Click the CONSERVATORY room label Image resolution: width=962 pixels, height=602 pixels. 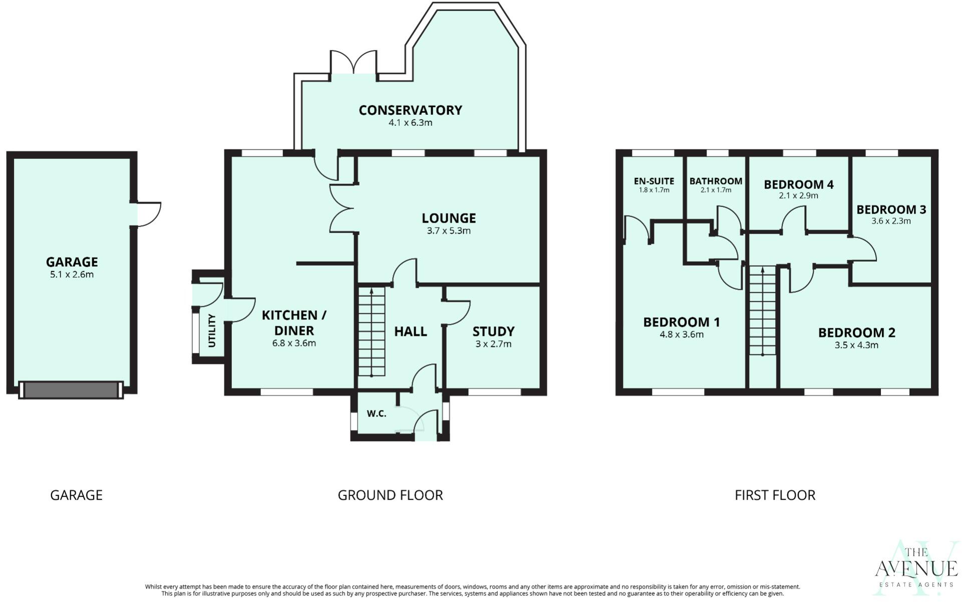[x=410, y=110]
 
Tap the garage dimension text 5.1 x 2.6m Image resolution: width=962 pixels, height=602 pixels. [x=72, y=275]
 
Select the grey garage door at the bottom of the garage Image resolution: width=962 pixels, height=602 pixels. [x=71, y=390]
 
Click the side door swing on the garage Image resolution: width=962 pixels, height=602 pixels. [x=149, y=214]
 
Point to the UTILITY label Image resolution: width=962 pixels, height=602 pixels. [x=211, y=331]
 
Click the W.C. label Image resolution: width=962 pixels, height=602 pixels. [x=376, y=414]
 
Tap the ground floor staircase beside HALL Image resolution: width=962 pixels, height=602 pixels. [x=372, y=332]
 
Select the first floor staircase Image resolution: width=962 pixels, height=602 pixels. [x=762, y=311]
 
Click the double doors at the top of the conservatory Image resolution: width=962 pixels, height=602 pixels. [x=353, y=64]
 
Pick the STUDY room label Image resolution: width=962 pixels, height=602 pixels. [x=493, y=331]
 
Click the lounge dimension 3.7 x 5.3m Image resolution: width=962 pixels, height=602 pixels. [x=448, y=231]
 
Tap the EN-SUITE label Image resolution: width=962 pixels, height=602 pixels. [x=654, y=181]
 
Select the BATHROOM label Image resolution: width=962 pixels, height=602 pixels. [x=716, y=181]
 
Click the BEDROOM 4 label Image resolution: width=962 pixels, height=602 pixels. [x=798, y=184]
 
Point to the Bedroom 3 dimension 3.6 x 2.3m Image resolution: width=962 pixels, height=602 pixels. [x=891, y=221]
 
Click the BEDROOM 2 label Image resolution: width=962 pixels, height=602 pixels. [x=856, y=332]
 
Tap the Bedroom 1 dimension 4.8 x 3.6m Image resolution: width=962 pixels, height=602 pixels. [x=681, y=335]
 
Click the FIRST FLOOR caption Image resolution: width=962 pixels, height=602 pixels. [x=775, y=495]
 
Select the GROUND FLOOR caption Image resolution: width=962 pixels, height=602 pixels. [x=390, y=495]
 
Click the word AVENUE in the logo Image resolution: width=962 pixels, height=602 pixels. [x=916, y=569]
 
